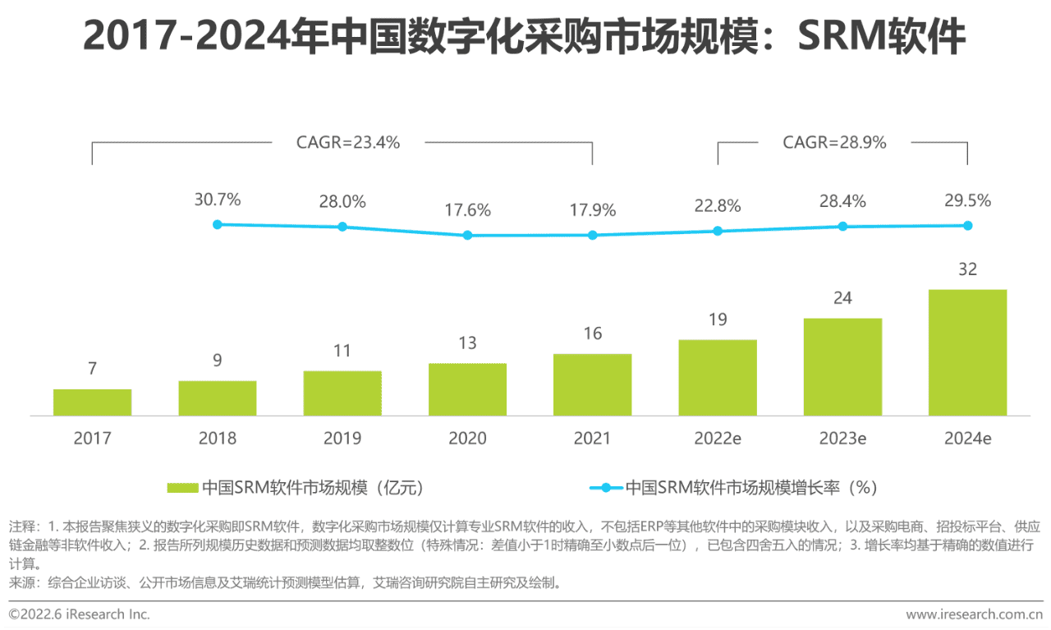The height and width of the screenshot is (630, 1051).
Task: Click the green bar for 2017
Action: click(92, 402)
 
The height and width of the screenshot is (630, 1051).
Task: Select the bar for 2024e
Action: click(967, 352)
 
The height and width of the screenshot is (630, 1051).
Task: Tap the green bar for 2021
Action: click(592, 384)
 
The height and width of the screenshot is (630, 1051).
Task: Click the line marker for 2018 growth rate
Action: click(218, 223)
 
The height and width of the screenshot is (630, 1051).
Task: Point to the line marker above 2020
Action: click(467, 235)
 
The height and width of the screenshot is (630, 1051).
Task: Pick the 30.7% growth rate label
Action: click(218, 200)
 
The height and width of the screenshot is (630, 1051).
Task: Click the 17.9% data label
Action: click(592, 210)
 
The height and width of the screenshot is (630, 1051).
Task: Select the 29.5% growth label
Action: click(967, 200)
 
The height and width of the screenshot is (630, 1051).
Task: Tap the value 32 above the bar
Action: click(967, 269)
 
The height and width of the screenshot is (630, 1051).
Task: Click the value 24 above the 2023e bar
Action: click(842, 298)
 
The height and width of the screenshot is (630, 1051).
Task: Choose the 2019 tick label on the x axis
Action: click(342, 439)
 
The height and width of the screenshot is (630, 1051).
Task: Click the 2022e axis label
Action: click(717, 439)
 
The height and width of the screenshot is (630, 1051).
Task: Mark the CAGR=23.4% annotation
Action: click(348, 142)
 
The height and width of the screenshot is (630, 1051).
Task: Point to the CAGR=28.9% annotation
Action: click(834, 142)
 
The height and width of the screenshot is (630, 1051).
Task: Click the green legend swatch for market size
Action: click(182, 488)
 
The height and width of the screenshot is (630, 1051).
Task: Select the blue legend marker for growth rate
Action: click(606, 488)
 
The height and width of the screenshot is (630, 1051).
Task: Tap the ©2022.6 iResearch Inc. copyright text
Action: click(80, 614)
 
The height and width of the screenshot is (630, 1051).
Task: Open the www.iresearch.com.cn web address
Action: click(974, 614)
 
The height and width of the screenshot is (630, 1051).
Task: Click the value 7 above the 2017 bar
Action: click(92, 370)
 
